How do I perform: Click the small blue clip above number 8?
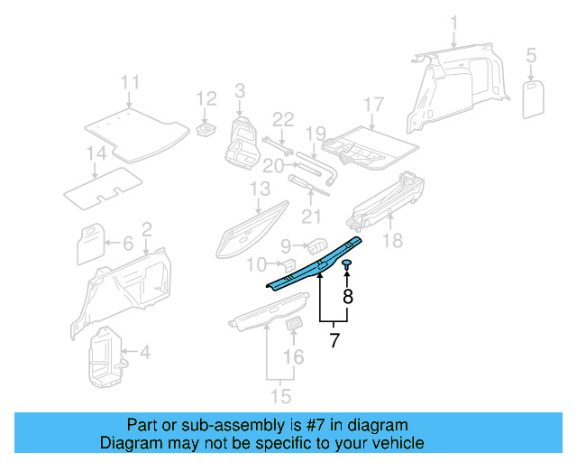(346, 263)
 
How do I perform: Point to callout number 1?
(454, 22)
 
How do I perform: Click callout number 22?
(283, 119)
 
